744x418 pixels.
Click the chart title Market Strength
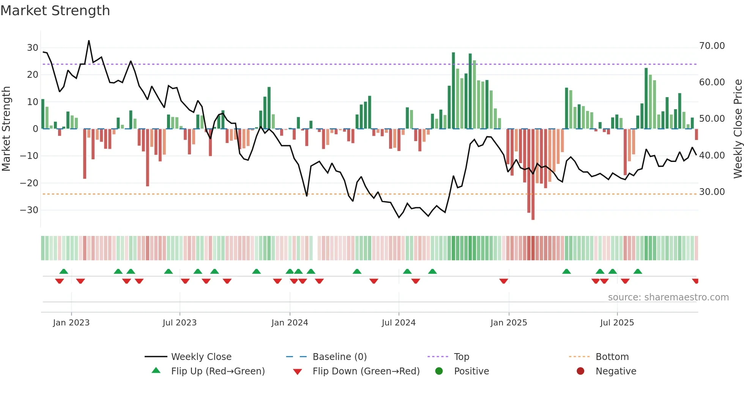55,11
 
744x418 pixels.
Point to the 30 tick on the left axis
33,48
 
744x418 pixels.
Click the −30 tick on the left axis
30,210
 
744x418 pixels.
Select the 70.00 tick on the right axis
712,46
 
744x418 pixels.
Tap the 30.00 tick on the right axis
712,192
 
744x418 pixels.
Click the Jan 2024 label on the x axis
290,323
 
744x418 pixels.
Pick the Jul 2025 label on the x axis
617,323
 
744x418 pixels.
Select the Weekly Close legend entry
201,357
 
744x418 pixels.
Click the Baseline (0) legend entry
339,357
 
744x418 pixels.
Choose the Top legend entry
461,357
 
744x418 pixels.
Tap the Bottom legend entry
612,357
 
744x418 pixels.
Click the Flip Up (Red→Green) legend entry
218,371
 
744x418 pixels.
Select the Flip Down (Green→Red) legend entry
366,371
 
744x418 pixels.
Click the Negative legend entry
615,371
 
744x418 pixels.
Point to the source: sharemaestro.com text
668,297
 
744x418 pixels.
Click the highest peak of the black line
89,41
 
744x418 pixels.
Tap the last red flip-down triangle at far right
695,281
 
